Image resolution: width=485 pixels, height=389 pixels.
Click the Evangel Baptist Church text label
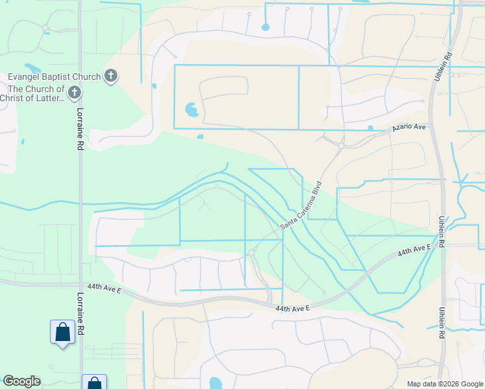click(x=54, y=77)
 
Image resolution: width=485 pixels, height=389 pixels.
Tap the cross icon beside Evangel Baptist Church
click(x=111, y=77)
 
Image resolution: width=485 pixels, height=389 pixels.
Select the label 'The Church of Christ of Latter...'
click(x=36, y=93)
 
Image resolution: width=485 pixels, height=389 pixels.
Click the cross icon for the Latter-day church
click(x=75, y=93)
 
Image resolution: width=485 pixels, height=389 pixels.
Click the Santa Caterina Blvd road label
click(x=301, y=204)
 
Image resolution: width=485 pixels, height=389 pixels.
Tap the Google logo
click(x=21, y=381)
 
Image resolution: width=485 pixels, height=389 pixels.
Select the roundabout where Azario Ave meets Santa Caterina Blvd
click(x=340, y=145)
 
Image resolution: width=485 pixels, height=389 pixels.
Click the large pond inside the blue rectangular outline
click(x=192, y=110)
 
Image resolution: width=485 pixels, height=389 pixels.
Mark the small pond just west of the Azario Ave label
click(x=370, y=128)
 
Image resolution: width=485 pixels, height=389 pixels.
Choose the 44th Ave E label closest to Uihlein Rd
click(x=415, y=250)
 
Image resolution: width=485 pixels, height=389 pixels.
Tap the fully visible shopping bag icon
click(x=62, y=332)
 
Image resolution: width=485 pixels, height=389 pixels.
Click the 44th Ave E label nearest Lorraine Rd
click(x=104, y=289)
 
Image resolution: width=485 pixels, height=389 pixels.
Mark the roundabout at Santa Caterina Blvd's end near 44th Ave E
click(x=250, y=253)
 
